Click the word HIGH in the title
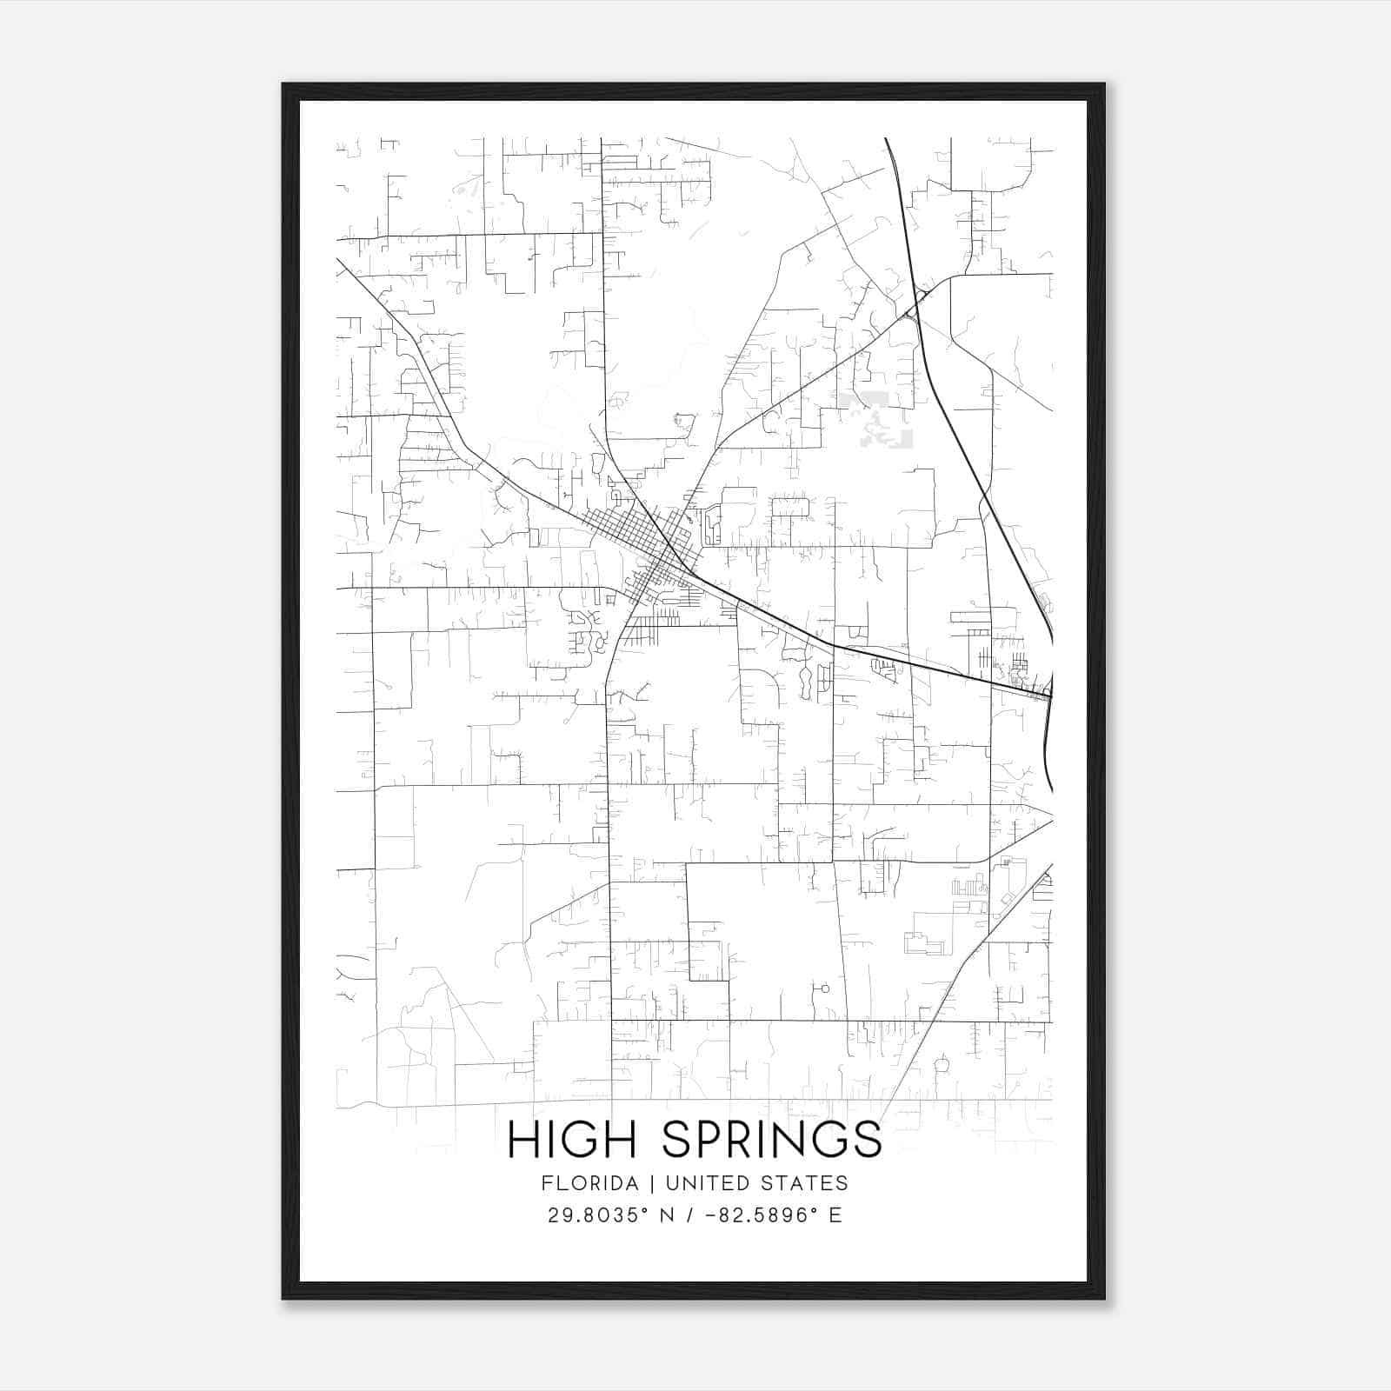[573, 1140]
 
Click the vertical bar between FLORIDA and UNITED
[641, 1183]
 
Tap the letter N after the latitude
[668, 1215]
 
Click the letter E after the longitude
[835, 1215]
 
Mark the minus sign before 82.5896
[710, 1215]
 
